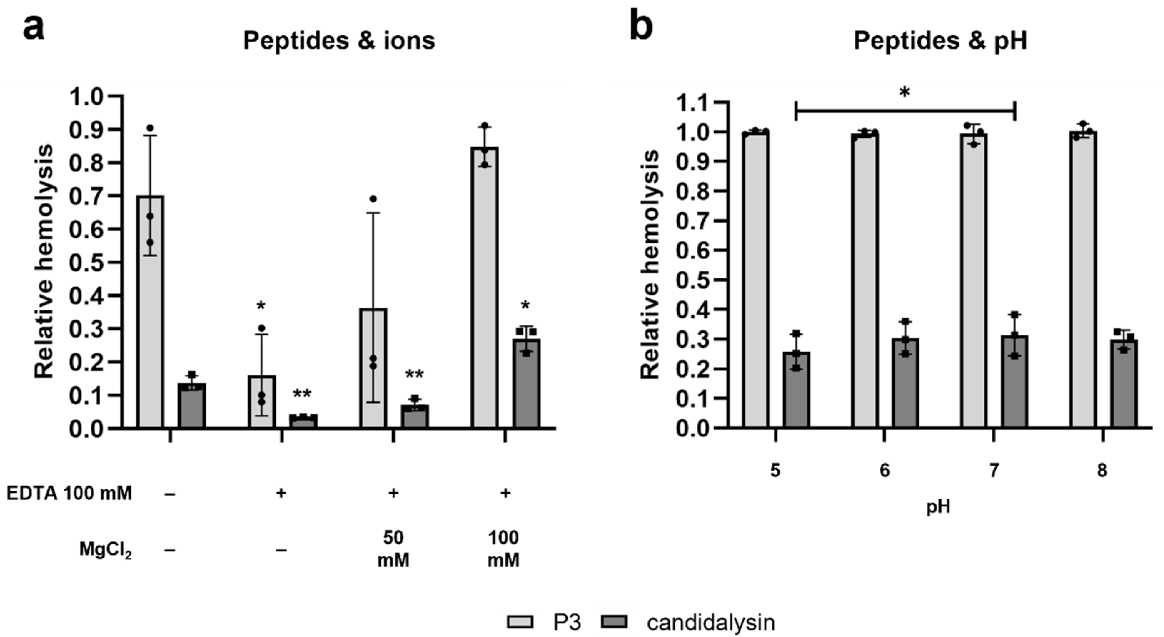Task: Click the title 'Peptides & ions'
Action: (x=339, y=41)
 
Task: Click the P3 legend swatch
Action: (x=520, y=622)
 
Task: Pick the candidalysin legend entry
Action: (x=710, y=622)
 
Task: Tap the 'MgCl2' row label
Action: (x=105, y=550)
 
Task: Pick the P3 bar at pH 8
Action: (x=1083, y=280)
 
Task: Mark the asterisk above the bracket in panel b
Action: (x=904, y=93)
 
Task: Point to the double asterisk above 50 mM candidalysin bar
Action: (x=414, y=374)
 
